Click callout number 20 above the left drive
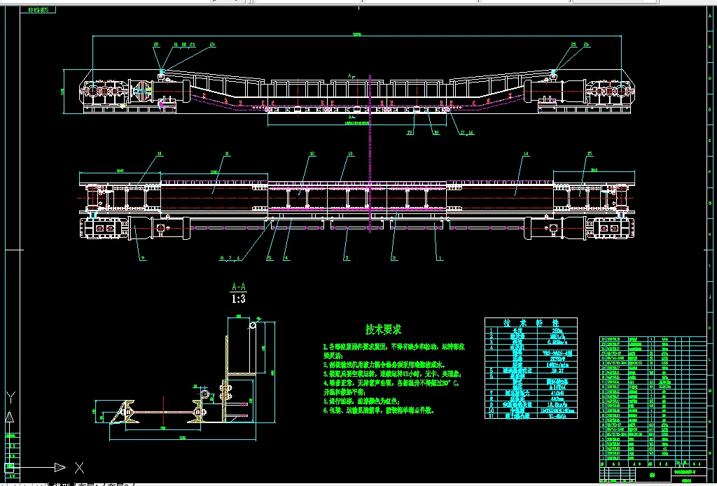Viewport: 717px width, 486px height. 156,45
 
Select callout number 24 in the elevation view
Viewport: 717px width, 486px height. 193,45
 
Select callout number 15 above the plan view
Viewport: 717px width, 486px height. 590,153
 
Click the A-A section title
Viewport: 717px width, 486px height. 238,287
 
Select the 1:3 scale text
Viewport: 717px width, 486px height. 238,299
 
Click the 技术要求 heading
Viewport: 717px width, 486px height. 384,329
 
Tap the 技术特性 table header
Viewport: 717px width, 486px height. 531,323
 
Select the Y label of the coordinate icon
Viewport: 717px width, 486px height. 10,396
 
